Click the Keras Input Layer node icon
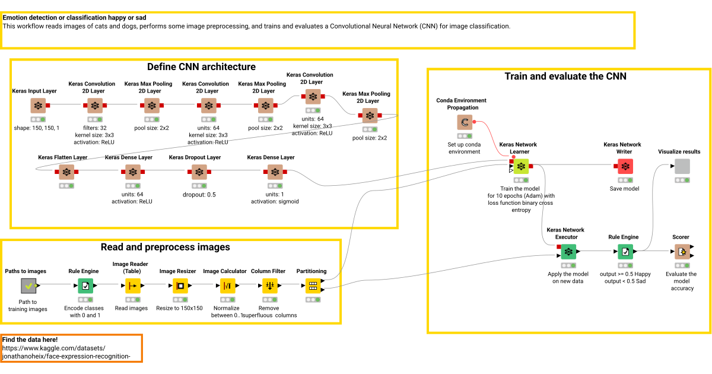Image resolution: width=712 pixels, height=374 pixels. (x=38, y=106)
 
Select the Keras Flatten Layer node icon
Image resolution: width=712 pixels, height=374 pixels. (x=66, y=172)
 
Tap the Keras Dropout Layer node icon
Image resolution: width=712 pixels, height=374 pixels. (x=199, y=172)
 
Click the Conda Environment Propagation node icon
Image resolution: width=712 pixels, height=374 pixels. (x=465, y=122)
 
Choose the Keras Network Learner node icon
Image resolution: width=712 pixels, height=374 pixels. (x=521, y=166)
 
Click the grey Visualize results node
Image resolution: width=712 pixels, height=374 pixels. (x=682, y=166)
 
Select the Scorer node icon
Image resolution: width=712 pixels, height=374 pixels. (x=682, y=252)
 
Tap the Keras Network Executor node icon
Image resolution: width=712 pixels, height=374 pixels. (x=568, y=252)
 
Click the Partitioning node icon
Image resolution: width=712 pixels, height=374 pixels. (x=313, y=286)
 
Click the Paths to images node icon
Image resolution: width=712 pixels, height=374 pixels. (x=28, y=286)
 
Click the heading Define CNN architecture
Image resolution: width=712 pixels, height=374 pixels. (x=201, y=66)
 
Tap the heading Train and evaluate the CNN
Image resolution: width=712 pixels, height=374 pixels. (x=565, y=76)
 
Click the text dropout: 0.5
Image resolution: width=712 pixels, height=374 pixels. (x=199, y=194)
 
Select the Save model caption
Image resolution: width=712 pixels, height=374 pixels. (x=624, y=189)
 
